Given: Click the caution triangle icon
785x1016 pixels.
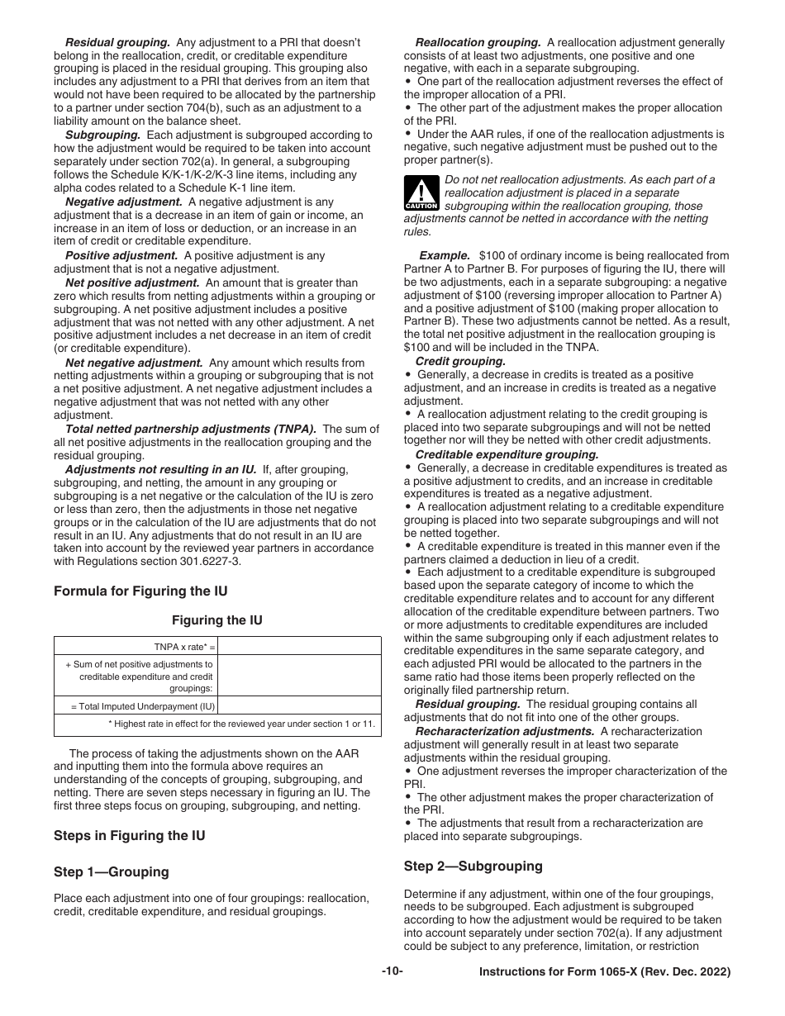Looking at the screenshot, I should coord(421,192).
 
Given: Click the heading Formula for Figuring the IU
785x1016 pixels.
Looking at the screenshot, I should coord(140,591).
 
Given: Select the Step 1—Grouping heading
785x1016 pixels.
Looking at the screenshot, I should coord(111,871).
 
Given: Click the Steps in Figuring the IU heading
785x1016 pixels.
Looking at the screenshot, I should coord(129,835).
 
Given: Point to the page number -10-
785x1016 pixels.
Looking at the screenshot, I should coord(392,971).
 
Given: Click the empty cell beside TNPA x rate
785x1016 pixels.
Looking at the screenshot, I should coord(299,646).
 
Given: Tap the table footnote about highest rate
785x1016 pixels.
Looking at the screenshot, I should coord(242,724).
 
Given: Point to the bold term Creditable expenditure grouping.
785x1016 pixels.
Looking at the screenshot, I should coord(507,454).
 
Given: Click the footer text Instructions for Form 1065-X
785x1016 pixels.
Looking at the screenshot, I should coord(604,973).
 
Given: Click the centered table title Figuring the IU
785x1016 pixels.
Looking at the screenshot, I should coord(217,620).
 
